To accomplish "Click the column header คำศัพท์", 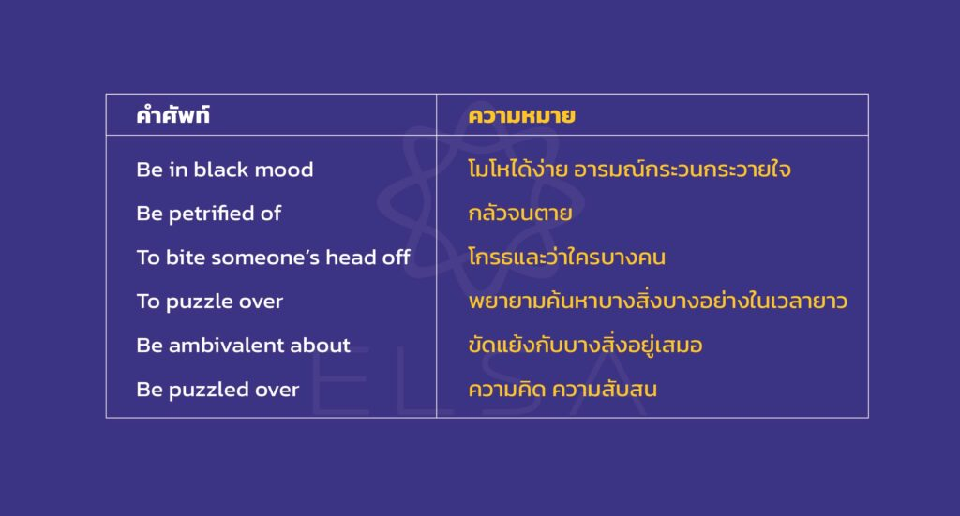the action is coord(173,114).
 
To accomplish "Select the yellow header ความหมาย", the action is coord(521,115).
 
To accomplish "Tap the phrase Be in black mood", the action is coord(225,170).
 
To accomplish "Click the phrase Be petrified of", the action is coord(209,214).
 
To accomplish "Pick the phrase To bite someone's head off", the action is coord(273,258).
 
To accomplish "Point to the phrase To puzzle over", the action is coord(210,302).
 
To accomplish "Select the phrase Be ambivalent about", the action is coord(244,346).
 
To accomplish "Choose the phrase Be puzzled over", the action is coord(217,390).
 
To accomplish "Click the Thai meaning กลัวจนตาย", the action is coord(520,213).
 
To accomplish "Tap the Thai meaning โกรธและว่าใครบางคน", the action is coord(567,257).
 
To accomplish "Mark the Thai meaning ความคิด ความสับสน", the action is coord(562,389).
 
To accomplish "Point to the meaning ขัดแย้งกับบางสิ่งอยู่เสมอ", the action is coord(585,345).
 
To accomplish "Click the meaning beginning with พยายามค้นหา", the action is coord(658,301).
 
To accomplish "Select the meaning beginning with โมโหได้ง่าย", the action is coord(629,169).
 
